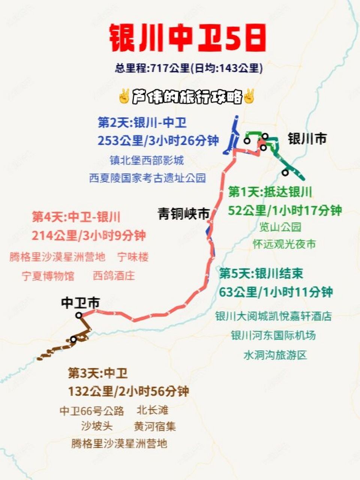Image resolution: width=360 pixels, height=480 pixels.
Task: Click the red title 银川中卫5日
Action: (x=187, y=39)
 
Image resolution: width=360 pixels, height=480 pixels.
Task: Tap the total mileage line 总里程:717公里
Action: (x=189, y=68)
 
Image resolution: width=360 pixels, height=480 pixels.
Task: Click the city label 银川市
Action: (x=307, y=139)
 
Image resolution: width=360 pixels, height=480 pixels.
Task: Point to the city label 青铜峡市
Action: (x=183, y=214)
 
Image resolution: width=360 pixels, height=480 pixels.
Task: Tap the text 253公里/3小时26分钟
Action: (x=158, y=141)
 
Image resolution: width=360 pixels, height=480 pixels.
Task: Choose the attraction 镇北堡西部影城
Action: (x=147, y=160)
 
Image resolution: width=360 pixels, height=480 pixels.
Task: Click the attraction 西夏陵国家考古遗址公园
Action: (x=147, y=178)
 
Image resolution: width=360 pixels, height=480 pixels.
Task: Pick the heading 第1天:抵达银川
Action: (x=270, y=192)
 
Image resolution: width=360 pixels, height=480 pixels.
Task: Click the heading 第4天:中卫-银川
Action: (x=76, y=217)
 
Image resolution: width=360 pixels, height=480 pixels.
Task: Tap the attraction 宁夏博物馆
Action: (x=48, y=276)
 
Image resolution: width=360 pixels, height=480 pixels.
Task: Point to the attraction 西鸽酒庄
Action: (x=114, y=276)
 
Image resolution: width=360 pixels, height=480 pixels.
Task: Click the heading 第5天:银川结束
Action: (x=261, y=273)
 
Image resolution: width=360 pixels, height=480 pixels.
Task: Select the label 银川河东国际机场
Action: (x=273, y=335)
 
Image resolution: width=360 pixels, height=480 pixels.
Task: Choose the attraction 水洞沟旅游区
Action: (x=275, y=355)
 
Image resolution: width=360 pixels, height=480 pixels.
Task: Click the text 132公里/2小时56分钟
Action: (x=128, y=391)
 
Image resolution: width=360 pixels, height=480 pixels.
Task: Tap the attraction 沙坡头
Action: (x=97, y=426)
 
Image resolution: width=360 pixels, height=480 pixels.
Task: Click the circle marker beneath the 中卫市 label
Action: (x=79, y=315)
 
